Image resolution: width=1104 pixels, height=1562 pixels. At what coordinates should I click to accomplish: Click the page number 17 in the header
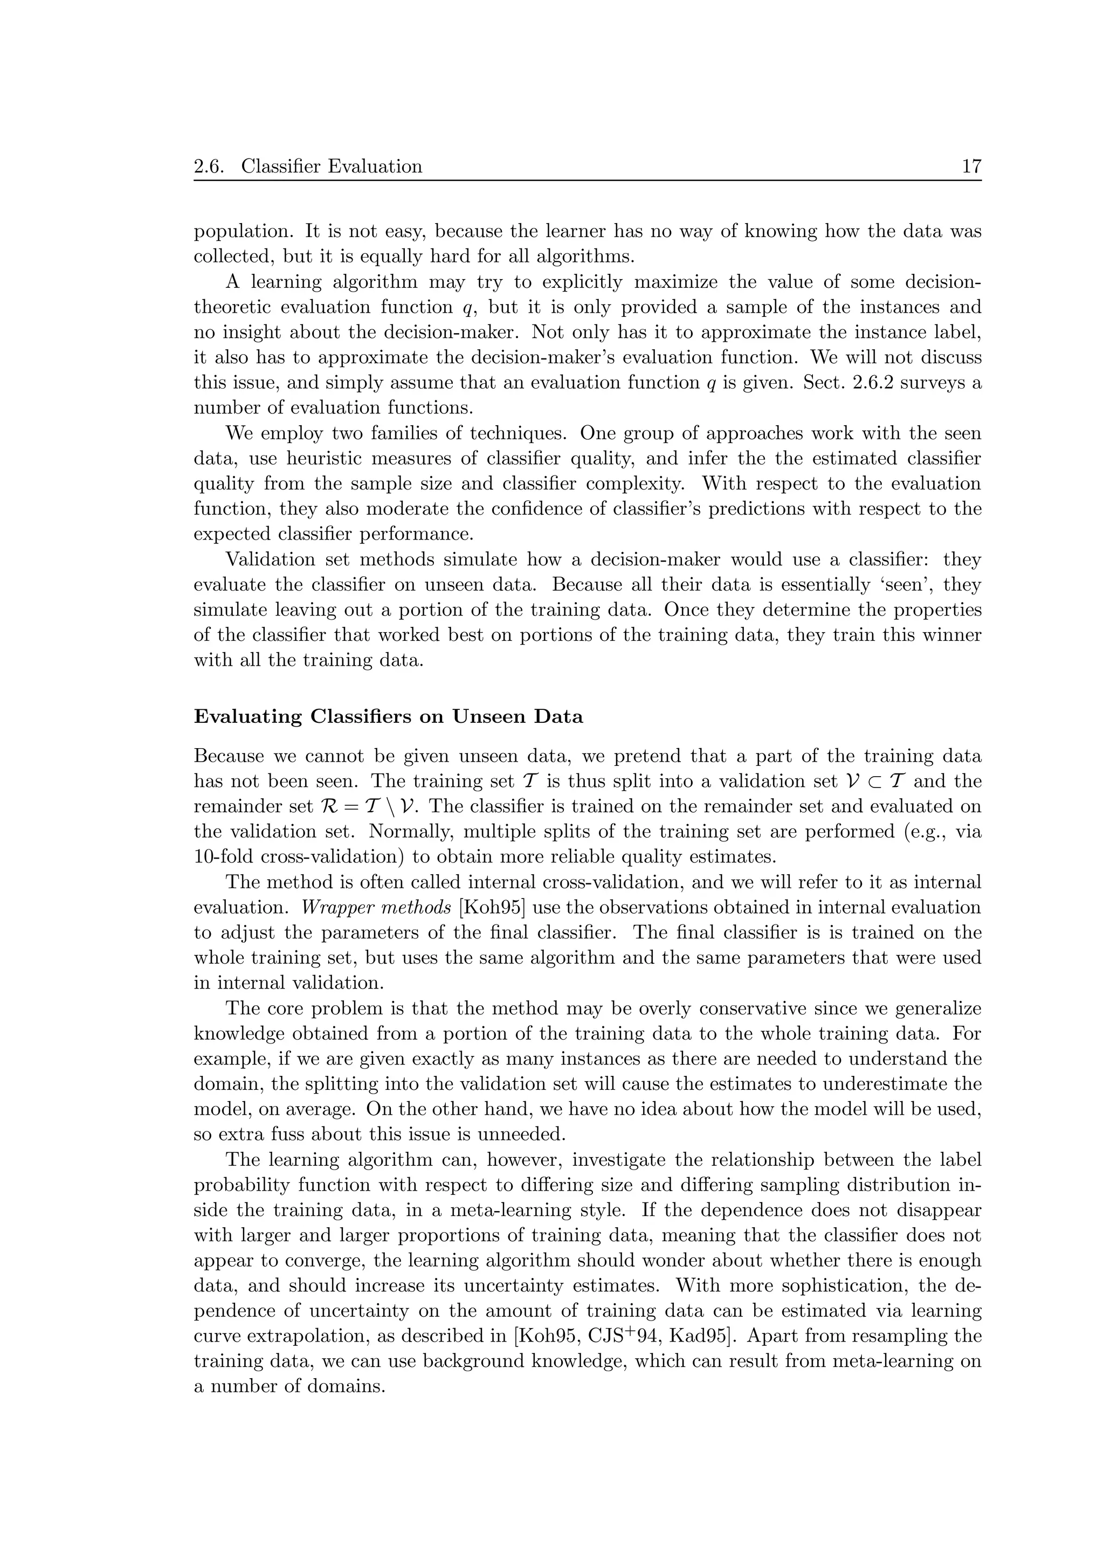coord(971,166)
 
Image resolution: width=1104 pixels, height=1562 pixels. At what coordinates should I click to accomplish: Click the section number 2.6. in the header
coord(209,166)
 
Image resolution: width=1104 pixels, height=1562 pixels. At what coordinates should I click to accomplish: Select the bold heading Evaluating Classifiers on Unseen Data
coord(389,717)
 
